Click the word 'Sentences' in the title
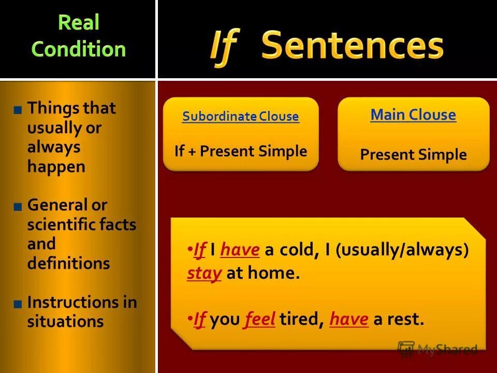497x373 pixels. [352, 46]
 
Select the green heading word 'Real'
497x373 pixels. [79, 22]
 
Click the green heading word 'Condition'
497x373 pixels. [79, 49]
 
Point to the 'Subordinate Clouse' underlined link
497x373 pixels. [240, 117]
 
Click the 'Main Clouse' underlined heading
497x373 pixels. [413, 115]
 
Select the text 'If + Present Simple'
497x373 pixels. [241, 151]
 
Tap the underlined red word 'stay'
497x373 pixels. [204, 274]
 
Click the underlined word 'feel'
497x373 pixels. [260, 319]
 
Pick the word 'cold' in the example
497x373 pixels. [297, 250]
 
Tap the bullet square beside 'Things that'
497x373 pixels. [18, 109]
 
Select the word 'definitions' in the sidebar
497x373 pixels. [68, 263]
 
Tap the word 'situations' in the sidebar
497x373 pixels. [65, 322]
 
